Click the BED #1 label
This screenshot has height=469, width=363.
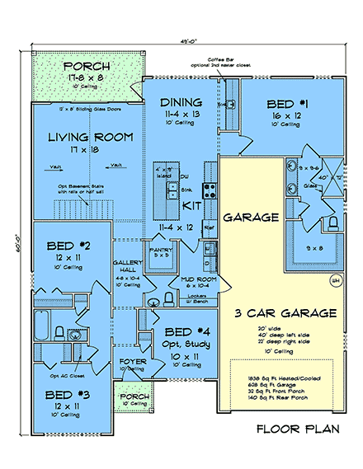(x=287, y=103)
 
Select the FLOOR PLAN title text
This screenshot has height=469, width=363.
(x=297, y=429)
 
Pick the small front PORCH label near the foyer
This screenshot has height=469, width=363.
(x=134, y=397)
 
